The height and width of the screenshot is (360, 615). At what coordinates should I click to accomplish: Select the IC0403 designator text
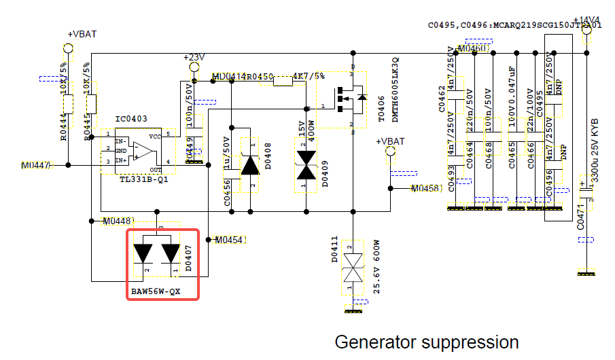(131, 119)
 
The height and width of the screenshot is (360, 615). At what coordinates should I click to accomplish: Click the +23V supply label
(194, 58)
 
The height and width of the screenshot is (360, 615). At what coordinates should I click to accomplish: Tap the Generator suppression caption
(427, 342)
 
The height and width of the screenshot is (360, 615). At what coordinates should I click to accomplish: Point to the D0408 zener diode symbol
(251, 165)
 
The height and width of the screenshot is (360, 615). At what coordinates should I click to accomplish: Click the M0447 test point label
(35, 165)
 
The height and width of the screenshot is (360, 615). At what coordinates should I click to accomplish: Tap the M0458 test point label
(427, 188)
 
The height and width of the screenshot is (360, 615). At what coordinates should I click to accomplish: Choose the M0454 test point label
(229, 240)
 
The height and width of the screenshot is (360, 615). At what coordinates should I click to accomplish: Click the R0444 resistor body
(68, 104)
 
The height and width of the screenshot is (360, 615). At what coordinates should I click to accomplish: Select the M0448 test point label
(118, 221)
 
